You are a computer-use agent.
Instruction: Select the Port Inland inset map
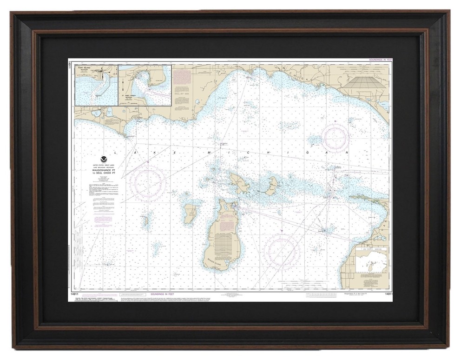(x=96, y=85)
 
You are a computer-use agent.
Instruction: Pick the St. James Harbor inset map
(x=145, y=85)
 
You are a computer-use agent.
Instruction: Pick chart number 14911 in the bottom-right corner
(x=385, y=294)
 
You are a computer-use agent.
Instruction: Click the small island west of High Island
(x=145, y=219)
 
